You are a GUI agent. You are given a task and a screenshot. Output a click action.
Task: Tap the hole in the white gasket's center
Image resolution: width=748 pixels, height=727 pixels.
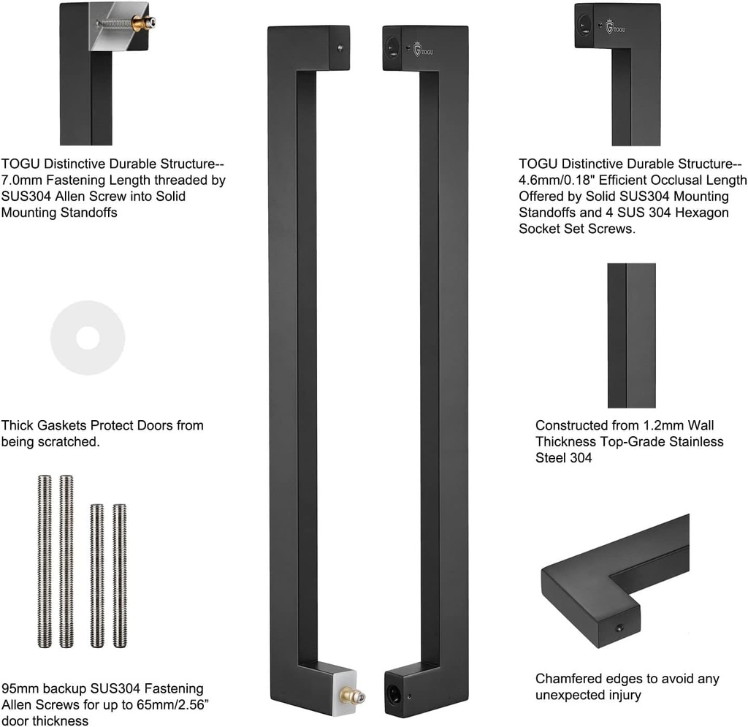88,338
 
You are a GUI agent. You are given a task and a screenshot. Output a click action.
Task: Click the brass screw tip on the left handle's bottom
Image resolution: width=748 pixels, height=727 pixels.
355,696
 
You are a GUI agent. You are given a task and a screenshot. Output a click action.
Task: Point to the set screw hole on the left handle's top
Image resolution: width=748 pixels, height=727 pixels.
340,48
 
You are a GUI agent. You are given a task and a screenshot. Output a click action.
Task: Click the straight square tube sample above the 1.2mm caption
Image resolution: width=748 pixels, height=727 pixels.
631,335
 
